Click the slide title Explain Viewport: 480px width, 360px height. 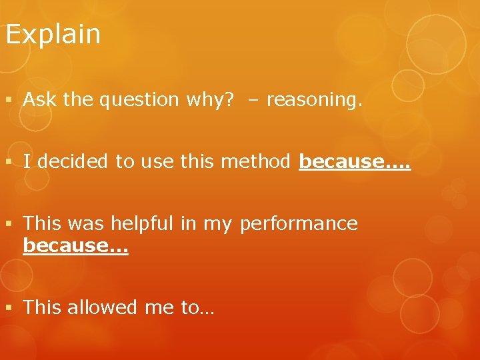(53, 35)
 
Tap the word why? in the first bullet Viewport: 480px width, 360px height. (210, 100)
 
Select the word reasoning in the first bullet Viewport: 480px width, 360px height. (313, 100)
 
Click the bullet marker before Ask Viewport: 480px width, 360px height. (8, 101)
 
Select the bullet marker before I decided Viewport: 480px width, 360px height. (8, 162)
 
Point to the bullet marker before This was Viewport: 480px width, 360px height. (8, 223)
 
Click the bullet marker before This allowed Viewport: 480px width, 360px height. (8, 308)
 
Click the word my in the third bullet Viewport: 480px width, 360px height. (217, 224)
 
